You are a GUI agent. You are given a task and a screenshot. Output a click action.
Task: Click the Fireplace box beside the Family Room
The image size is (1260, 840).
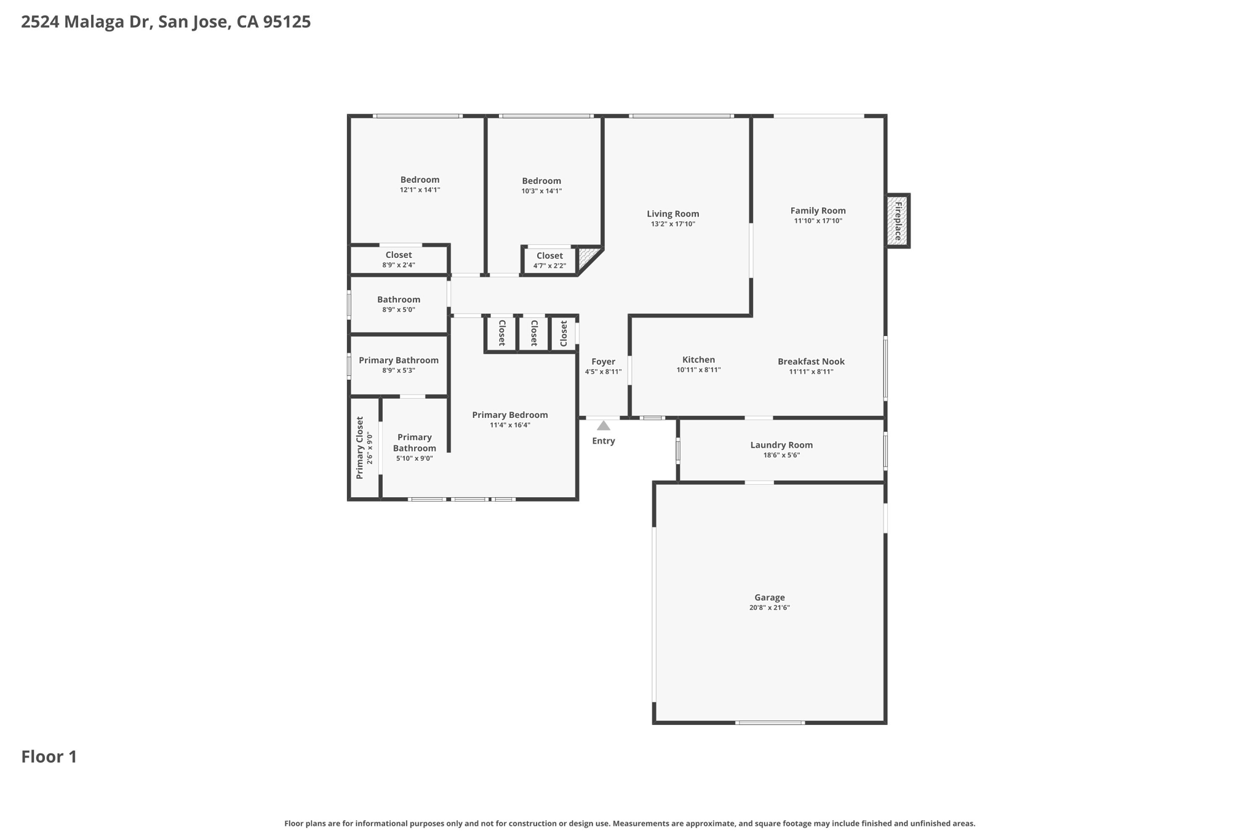898,221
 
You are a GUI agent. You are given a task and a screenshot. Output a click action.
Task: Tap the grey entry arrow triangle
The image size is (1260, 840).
604,426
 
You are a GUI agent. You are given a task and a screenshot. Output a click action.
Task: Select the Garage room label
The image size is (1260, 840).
770,598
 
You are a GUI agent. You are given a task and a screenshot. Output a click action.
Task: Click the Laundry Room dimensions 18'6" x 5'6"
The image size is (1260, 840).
781,455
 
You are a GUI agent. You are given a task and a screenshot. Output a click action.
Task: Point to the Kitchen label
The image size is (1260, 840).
698,360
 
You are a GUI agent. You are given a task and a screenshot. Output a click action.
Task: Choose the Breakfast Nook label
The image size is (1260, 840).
811,362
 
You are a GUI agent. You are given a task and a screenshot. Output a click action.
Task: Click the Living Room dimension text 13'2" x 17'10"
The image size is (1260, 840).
673,224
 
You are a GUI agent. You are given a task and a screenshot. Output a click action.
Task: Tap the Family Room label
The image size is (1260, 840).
818,210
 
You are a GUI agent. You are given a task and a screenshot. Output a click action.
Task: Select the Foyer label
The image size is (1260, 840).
603,362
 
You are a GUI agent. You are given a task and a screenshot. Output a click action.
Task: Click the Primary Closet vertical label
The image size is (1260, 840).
360,447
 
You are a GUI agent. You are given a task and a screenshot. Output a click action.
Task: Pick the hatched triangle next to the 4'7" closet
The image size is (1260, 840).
587,256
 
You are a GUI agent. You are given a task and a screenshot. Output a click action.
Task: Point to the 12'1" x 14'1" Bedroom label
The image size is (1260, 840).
420,180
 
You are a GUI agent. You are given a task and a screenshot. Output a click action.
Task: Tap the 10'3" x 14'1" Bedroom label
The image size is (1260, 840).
541,181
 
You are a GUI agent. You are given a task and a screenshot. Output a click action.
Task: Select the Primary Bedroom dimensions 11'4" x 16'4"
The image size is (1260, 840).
510,425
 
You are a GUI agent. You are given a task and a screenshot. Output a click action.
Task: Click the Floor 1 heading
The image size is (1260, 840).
49,756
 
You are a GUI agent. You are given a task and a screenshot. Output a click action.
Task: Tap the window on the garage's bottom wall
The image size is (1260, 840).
770,722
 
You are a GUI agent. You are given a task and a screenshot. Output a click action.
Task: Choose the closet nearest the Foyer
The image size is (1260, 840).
564,333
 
